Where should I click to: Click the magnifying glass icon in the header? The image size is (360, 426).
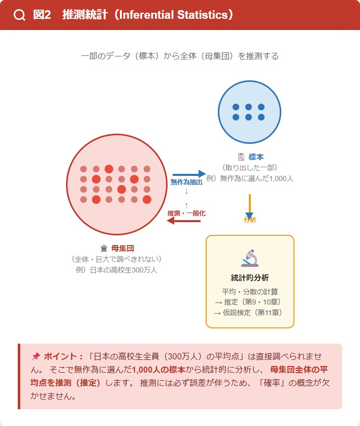(x=19, y=15)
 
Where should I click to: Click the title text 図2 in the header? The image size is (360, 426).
(x=42, y=15)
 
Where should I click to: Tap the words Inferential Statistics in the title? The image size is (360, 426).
(x=173, y=15)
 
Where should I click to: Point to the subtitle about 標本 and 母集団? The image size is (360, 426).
(x=180, y=56)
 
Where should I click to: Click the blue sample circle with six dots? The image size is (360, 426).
(x=249, y=112)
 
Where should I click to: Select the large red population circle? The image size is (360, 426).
(x=116, y=184)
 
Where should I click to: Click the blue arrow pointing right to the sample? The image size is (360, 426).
(x=189, y=174)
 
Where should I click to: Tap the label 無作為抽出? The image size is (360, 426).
(x=186, y=182)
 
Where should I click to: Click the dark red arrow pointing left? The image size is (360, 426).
(x=184, y=221)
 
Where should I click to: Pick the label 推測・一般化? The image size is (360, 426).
(x=186, y=213)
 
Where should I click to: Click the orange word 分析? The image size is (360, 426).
(x=249, y=220)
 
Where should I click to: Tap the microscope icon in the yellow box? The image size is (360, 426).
(x=249, y=258)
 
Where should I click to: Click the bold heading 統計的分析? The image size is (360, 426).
(x=249, y=278)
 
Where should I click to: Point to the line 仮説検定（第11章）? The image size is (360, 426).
(x=249, y=313)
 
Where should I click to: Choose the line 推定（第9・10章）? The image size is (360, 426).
(x=249, y=302)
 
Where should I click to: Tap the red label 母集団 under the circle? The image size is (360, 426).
(x=122, y=248)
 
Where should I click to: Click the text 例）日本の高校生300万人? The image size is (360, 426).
(x=116, y=269)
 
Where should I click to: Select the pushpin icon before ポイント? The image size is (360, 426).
(x=36, y=356)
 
